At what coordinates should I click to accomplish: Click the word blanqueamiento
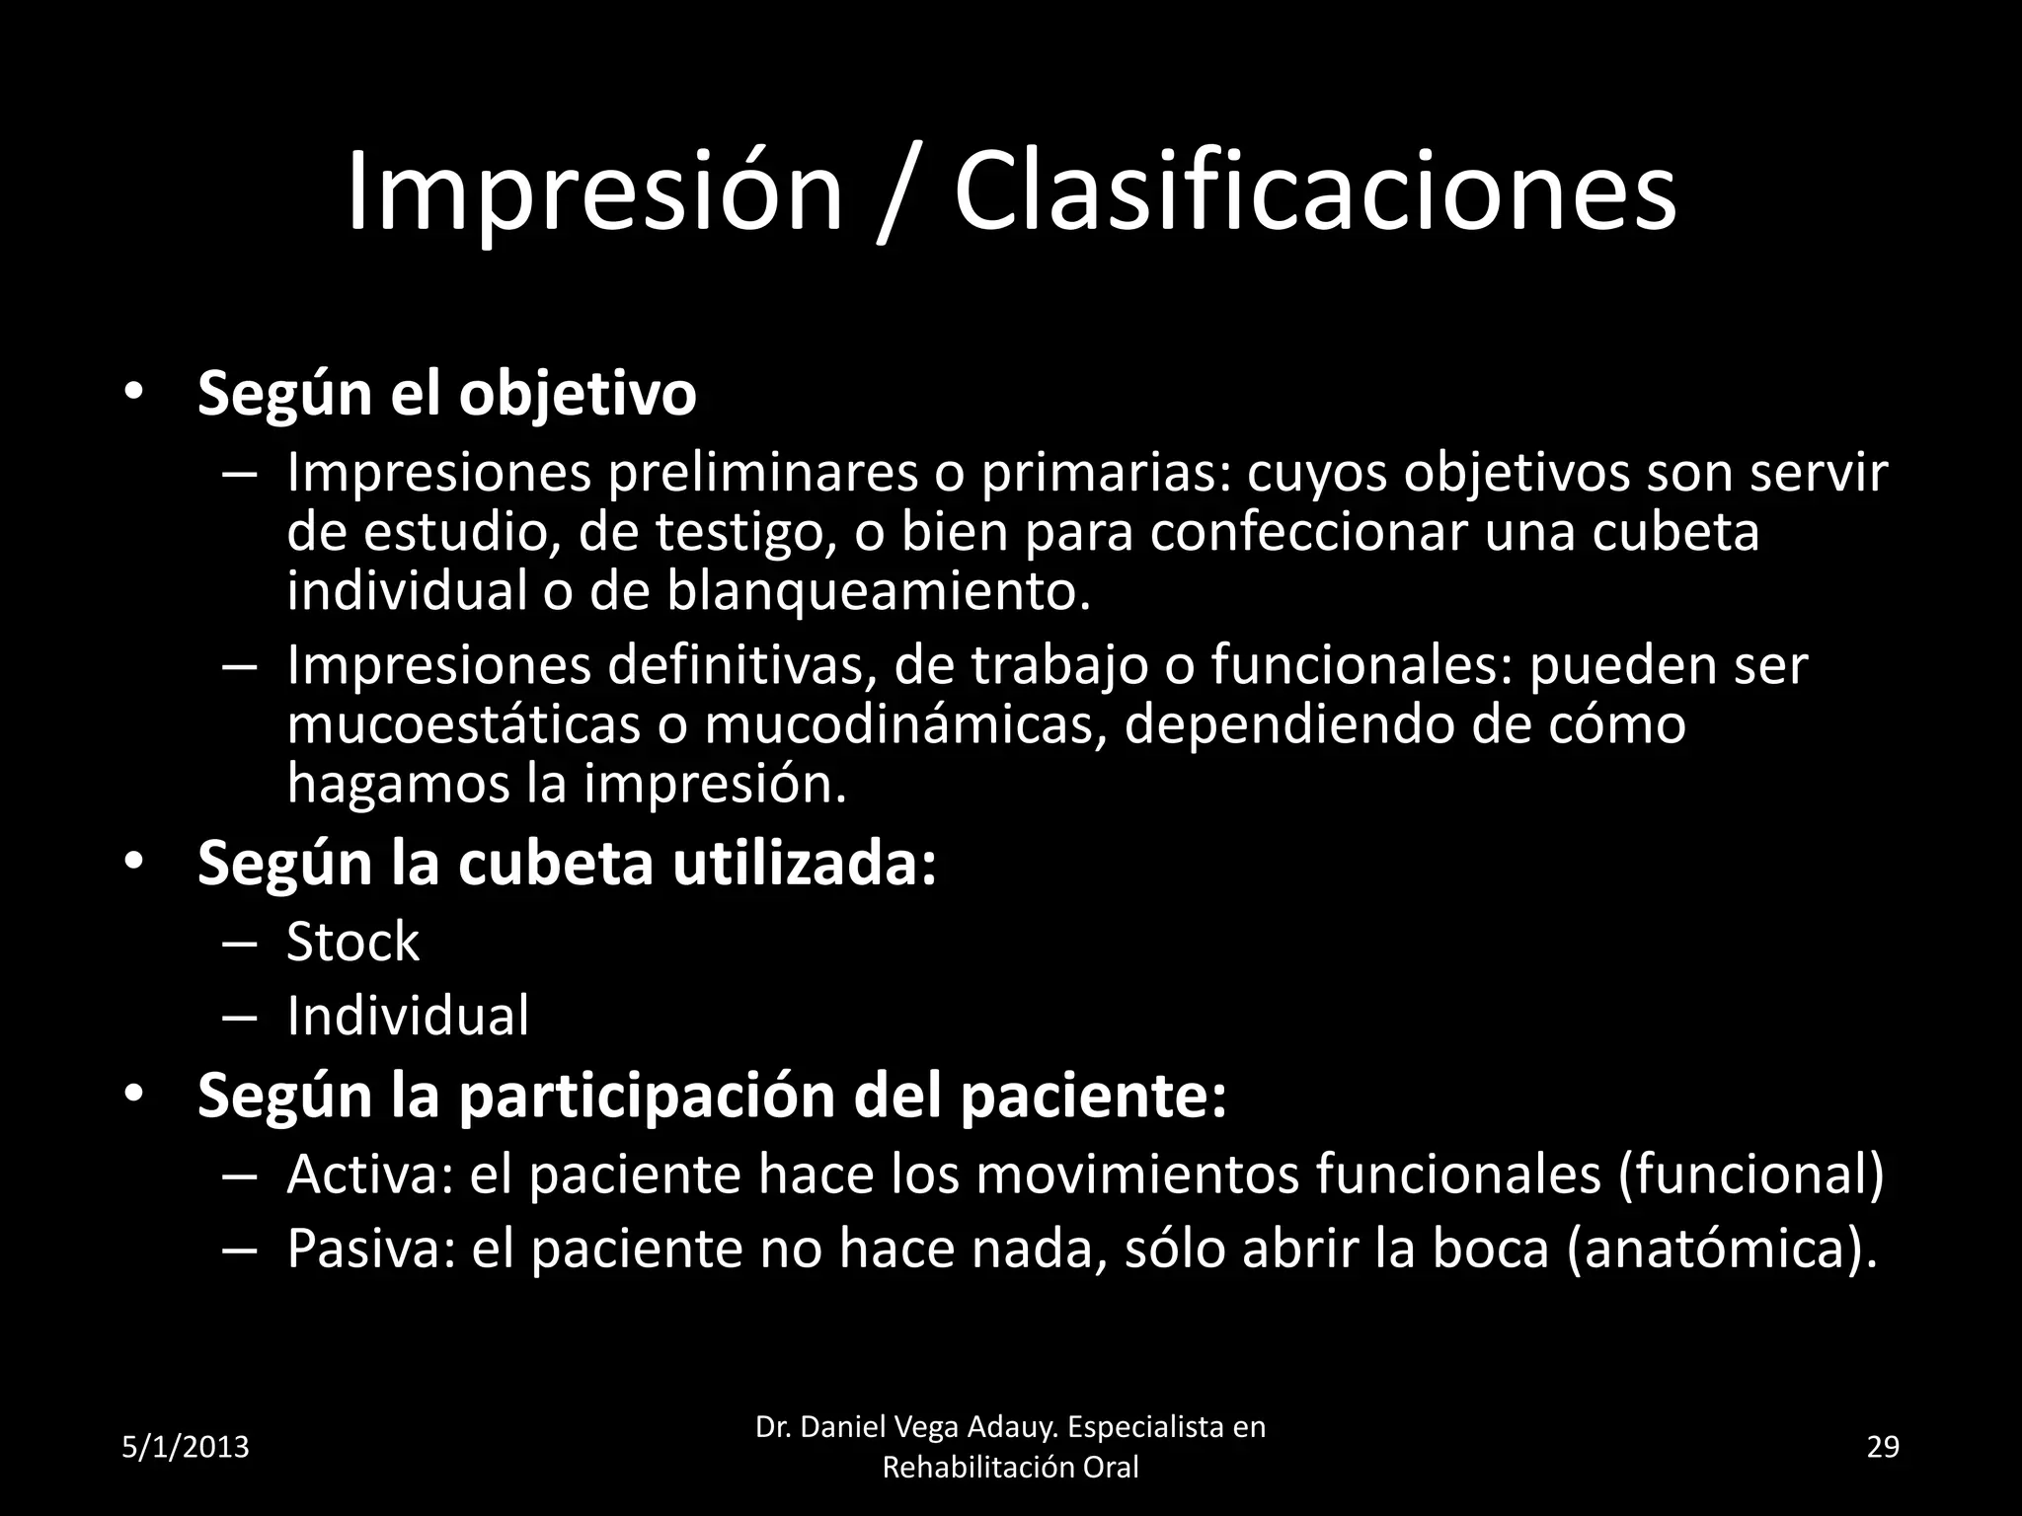tap(879, 591)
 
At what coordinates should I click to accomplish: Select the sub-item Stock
tap(352, 942)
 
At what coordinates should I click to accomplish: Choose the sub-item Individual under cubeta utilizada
tap(408, 1017)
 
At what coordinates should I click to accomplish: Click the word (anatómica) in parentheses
tap(1722, 1250)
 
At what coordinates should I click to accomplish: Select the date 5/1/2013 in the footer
tap(186, 1448)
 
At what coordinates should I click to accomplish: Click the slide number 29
tap(1884, 1448)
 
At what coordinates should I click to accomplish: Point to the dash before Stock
tap(240, 943)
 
